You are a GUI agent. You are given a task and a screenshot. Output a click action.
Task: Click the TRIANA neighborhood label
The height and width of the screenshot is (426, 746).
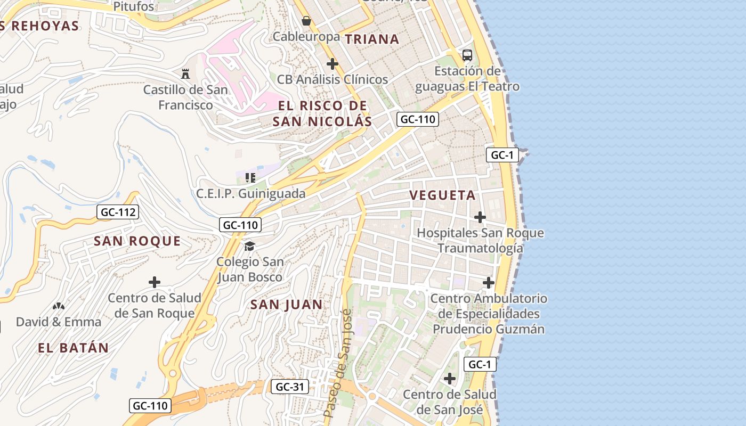click(x=372, y=39)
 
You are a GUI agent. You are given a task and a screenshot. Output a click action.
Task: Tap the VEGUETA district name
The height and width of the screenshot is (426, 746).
click(x=442, y=195)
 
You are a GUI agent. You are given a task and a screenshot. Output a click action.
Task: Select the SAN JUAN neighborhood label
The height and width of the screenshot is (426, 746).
click(x=287, y=305)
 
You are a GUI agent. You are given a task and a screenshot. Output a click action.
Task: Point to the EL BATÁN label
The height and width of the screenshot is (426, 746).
click(x=74, y=348)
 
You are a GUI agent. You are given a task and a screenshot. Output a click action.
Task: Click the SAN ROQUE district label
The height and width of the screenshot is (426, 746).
click(x=137, y=241)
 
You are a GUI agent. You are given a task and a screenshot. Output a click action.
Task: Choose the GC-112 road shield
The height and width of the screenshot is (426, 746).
click(x=118, y=212)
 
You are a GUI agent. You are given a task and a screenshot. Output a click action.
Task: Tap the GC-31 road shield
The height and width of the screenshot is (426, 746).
click(x=290, y=387)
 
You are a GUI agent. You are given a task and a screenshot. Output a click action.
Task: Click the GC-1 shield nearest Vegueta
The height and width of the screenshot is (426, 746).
click(x=502, y=155)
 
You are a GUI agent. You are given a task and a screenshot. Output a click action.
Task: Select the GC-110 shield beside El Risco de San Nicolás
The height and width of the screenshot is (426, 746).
click(x=418, y=119)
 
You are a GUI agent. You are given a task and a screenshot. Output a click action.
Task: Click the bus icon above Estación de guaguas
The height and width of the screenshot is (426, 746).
click(x=467, y=55)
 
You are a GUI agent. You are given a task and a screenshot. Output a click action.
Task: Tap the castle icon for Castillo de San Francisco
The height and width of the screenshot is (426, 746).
click(x=185, y=73)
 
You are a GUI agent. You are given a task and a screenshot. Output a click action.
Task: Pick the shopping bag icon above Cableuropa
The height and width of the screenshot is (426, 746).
click(x=306, y=21)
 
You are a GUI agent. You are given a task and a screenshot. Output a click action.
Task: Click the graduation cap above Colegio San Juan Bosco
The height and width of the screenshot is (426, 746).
click(x=249, y=246)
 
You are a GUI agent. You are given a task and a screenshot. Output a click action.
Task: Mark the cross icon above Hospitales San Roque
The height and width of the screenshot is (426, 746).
click(x=480, y=217)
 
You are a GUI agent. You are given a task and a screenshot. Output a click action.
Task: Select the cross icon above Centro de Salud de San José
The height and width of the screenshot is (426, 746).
click(x=450, y=379)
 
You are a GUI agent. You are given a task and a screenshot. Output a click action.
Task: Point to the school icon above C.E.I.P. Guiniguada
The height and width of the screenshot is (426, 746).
click(x=250, y=177)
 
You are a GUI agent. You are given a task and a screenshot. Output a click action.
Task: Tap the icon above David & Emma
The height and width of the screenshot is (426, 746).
click(x=59, y=306)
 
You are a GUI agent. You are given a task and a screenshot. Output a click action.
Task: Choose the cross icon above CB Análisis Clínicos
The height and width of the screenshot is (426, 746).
click(x=333, y=64)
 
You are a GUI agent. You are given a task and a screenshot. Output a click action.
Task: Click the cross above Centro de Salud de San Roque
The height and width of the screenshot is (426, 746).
click(x=155, y=282)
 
